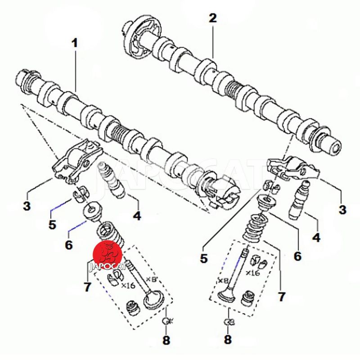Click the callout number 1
click(75, 44)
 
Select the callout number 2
click(212, 18)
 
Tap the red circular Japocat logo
click(108, 255)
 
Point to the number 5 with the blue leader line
click(53, 224)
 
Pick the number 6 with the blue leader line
click(68, 245)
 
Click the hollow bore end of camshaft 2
click(333, 146)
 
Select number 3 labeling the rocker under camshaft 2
click(342, 209)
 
